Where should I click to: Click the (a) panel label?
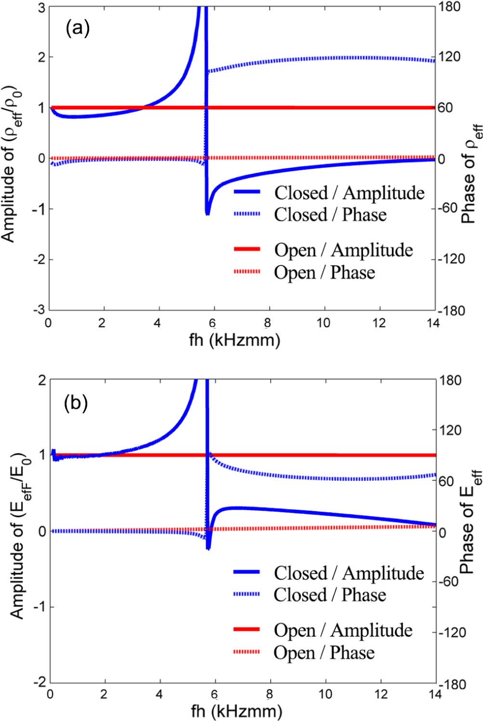pyautogui.click(x=77, y=29)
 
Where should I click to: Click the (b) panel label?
pyautogui.click(x=76, y=403)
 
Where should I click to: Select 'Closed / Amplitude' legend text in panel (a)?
pyautogui.click(x=350, y=192)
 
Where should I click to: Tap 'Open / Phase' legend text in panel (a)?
pyautogui.click(x=325, y=272)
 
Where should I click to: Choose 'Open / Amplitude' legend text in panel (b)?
pyautogui.click(x=343, y=630)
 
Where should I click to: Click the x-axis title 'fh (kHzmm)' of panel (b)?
pyautogui.click(x=235, y=711)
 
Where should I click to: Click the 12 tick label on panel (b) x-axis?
pyautogui.click(x=380, y=695)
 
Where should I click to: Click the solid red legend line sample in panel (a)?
pyautogui.click(x=247, y=250)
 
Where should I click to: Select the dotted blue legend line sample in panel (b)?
pyautogui.click(x=247, y=595)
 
